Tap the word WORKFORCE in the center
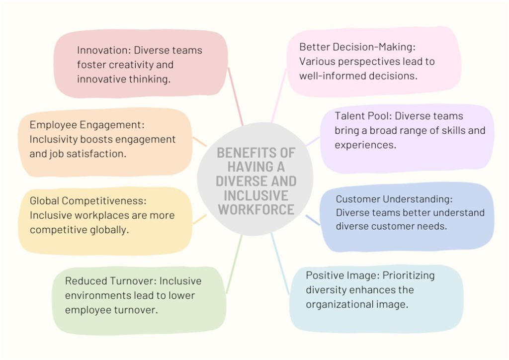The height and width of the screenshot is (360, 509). (256, 210)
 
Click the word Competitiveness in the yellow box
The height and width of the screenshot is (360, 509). (104, 201)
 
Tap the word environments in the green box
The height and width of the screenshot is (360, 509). (95, 295)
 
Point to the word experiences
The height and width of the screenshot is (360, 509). (365, 145)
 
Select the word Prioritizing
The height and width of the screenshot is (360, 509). (409, 275)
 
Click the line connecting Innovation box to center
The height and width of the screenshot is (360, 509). (236, 96)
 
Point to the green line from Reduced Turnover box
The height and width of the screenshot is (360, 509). (234, 264)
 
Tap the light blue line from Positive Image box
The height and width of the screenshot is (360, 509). (280, 264)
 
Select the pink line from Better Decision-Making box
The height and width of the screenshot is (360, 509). (279, 95)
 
